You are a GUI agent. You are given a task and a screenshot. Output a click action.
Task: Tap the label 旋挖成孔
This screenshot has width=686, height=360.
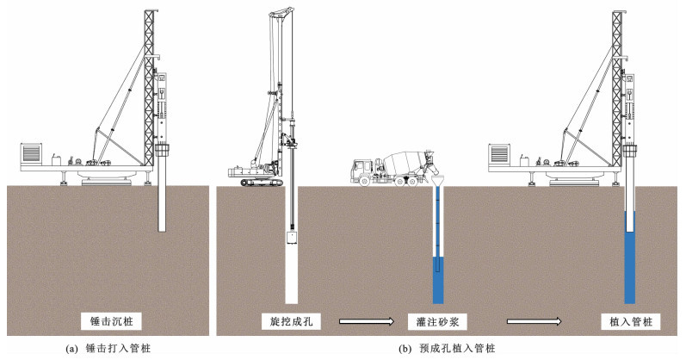coord(290,321)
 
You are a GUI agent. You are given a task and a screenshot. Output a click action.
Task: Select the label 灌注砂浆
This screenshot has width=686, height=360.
coord(436,321)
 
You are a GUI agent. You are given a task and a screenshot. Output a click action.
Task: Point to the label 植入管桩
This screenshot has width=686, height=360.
coord(630,321)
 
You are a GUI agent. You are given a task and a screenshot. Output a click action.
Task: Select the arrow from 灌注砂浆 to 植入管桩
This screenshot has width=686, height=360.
coord(535,322)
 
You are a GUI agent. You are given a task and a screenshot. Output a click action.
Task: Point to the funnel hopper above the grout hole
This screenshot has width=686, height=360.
coord(437,182)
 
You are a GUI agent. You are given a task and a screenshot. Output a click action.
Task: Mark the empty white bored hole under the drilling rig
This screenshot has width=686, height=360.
coord(291,276)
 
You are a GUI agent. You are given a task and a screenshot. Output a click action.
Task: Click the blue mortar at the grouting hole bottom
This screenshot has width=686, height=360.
coord(437,282)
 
